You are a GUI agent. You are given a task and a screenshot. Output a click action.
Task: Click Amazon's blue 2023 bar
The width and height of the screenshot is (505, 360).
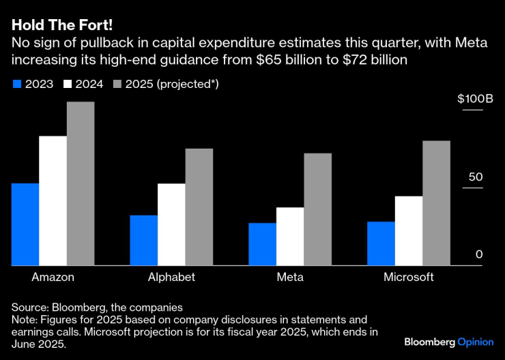click(25, 224)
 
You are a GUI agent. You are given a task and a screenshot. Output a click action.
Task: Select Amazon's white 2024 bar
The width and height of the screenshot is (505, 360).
click(53, 200)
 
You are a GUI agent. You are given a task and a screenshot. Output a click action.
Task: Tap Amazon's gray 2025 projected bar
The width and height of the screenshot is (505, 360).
click(81, 183)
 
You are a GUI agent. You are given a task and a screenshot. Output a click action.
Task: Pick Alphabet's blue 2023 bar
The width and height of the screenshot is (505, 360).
click(144, 240)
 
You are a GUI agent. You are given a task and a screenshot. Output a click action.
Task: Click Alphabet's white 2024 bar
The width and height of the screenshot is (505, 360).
click(171, 224)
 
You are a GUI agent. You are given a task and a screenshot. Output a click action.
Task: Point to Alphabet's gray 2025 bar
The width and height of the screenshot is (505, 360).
click(199, 207)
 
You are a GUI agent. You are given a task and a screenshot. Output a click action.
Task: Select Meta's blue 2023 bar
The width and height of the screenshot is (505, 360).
click(262, 244)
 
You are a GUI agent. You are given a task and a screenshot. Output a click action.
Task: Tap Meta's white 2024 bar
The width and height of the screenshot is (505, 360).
click(290, 236)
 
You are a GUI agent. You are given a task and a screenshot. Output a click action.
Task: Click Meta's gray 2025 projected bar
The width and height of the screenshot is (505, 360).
click(318, 209)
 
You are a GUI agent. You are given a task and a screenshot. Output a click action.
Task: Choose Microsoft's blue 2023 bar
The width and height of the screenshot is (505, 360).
click(381, 243)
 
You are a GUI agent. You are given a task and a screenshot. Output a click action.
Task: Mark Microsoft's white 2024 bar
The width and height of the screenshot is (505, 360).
click(409, 230)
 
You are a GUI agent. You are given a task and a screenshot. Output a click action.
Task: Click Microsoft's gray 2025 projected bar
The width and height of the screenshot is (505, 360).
click(437, 202)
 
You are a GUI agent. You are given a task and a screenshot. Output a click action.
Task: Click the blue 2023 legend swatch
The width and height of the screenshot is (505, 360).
click(17, 84)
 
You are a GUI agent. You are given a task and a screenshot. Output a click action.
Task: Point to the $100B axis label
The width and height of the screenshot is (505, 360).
click(475, 99)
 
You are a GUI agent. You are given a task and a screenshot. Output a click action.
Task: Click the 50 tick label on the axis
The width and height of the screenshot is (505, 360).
click(475, 177)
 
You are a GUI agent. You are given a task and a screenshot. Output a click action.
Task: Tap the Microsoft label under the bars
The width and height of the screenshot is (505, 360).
click(409, 277)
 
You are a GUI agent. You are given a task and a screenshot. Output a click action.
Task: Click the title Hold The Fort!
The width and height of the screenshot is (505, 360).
click(61, 25)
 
